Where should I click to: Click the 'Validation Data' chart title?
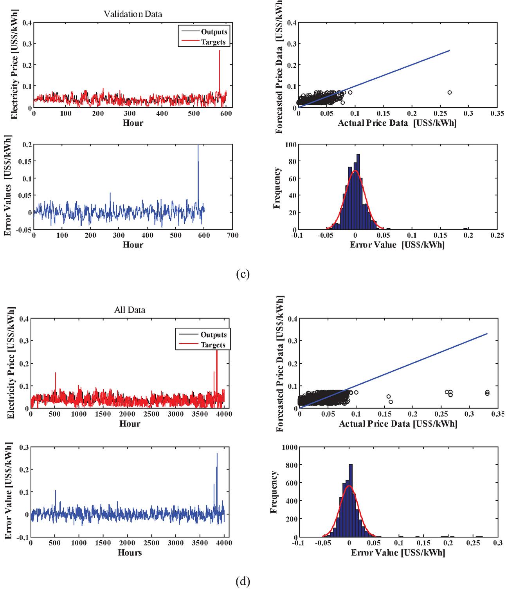click(133, 14)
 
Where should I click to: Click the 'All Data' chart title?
click(130, 310)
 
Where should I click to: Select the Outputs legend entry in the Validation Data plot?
click(214, 32)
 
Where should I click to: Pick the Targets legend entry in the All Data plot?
click(213, 345)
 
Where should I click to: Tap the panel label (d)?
click(243, 582)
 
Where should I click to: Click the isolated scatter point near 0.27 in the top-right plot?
click(450, 92)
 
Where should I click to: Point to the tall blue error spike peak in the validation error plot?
click(198, 146)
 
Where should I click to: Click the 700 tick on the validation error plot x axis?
click(232, 236)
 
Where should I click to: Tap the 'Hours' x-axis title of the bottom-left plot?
click(130, 552)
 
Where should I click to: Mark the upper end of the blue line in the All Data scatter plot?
click(487, 334)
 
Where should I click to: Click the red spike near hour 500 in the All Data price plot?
click(55, 373)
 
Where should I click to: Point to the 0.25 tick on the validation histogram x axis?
click(497, 236)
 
